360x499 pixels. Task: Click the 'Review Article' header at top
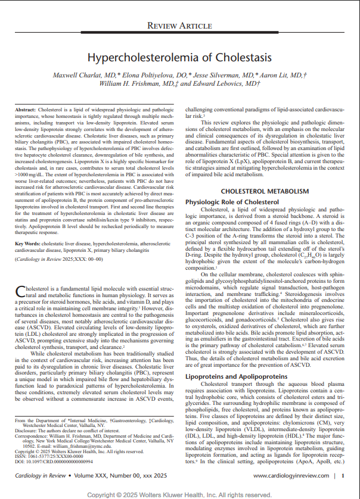(x=179, y=26)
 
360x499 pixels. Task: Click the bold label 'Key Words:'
(x=27, y=244)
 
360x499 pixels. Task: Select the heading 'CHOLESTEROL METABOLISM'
(x=264, y=191)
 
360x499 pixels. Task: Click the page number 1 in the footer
(x=343, y=476)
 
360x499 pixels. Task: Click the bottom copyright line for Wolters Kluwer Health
(x=179, y=494)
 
